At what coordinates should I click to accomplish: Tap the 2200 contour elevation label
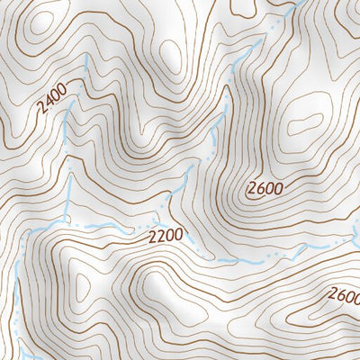click(x=166, y=237)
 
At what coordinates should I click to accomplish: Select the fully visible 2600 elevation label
click(x=266, y=189)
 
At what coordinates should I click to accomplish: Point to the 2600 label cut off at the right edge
click(x=345, y=295)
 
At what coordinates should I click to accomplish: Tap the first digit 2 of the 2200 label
click(x=153, y=238)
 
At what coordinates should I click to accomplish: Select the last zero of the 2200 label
click(x=178, y=235)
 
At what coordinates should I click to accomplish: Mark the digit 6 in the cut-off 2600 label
click(x=342, y=294)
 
